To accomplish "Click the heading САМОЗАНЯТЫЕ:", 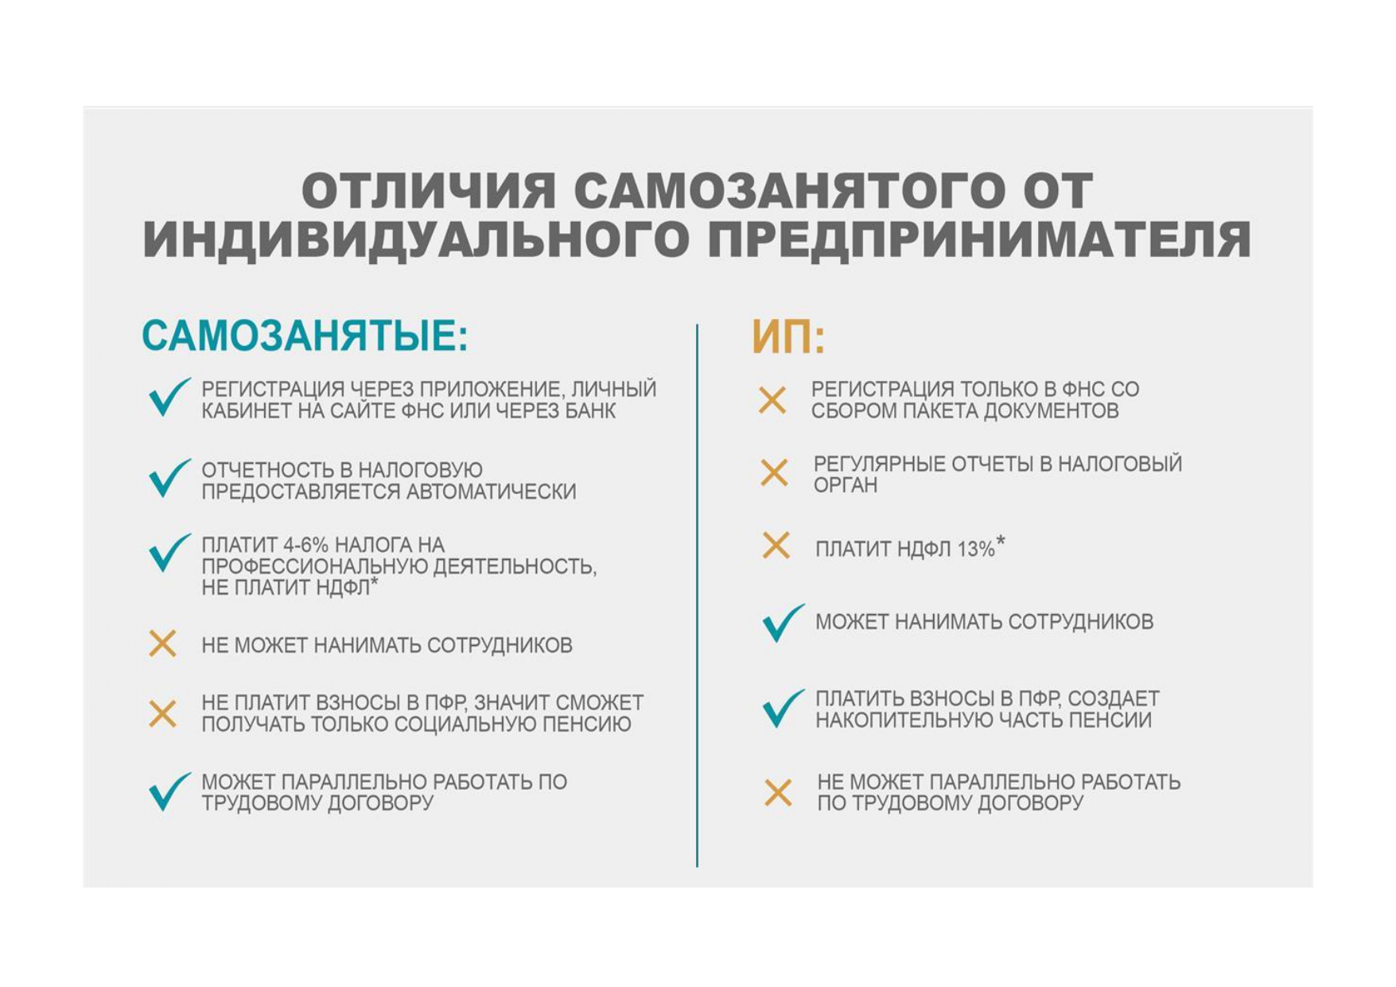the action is point(305,336).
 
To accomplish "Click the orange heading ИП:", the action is point(788,337).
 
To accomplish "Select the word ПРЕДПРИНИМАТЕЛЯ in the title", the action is point(979,239).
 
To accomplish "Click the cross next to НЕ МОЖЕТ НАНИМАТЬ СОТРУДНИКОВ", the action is point(163,643).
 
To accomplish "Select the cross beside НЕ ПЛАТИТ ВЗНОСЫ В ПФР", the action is point(163,713).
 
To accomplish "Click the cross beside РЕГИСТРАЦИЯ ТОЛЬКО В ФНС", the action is point(772,400).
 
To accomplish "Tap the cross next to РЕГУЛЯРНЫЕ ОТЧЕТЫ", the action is point(774,473).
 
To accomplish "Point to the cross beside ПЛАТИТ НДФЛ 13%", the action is point(776,546).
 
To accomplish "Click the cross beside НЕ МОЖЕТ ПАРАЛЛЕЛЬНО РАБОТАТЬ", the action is point(778,793).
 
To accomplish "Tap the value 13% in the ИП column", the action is point(976,549).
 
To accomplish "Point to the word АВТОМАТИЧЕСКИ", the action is point(491,492).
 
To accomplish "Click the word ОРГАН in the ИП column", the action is point(845,485).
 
